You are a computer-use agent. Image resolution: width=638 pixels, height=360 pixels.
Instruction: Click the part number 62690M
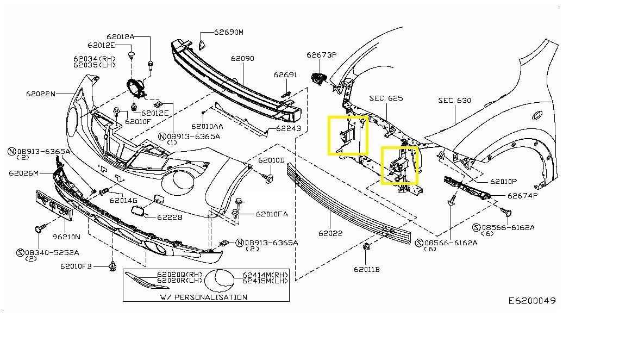[x=228, y=32]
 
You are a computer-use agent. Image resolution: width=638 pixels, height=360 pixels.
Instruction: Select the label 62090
[x=242, y=58]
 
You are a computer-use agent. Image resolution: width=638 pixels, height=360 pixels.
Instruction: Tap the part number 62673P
[x=321, y=55]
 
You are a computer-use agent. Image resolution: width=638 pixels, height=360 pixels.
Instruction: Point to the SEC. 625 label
[x=386, y=98]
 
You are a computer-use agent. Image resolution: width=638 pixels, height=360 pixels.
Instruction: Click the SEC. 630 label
[x=455, y=101]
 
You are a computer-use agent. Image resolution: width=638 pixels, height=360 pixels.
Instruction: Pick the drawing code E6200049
[x=532, y=301]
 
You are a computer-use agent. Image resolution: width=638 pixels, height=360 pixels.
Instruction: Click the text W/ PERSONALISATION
[x=203, y=297]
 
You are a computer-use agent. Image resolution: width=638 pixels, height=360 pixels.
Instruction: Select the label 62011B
[x=366, y=269]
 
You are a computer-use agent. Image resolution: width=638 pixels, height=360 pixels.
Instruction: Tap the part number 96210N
[x=66, y=237]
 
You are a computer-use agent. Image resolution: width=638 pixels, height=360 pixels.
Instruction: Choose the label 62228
[x=170, y=217]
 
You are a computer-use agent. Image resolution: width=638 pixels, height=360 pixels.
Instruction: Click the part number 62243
[x=288, y=129]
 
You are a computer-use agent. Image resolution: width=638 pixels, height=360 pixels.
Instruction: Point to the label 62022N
[x=40, y=94]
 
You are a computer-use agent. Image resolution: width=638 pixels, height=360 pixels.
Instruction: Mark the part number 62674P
[x=522, y=196]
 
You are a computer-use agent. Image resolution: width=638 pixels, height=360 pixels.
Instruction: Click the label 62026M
[x=23, y=173]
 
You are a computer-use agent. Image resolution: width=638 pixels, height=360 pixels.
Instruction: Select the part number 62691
[x=285, y=75]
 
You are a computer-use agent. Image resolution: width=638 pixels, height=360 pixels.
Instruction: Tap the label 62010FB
[x=76, y=266]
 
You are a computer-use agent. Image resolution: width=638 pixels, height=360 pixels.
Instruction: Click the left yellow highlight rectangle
[x=348, y=135]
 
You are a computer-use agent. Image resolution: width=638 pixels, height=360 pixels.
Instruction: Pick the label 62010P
[x=503, y=182]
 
